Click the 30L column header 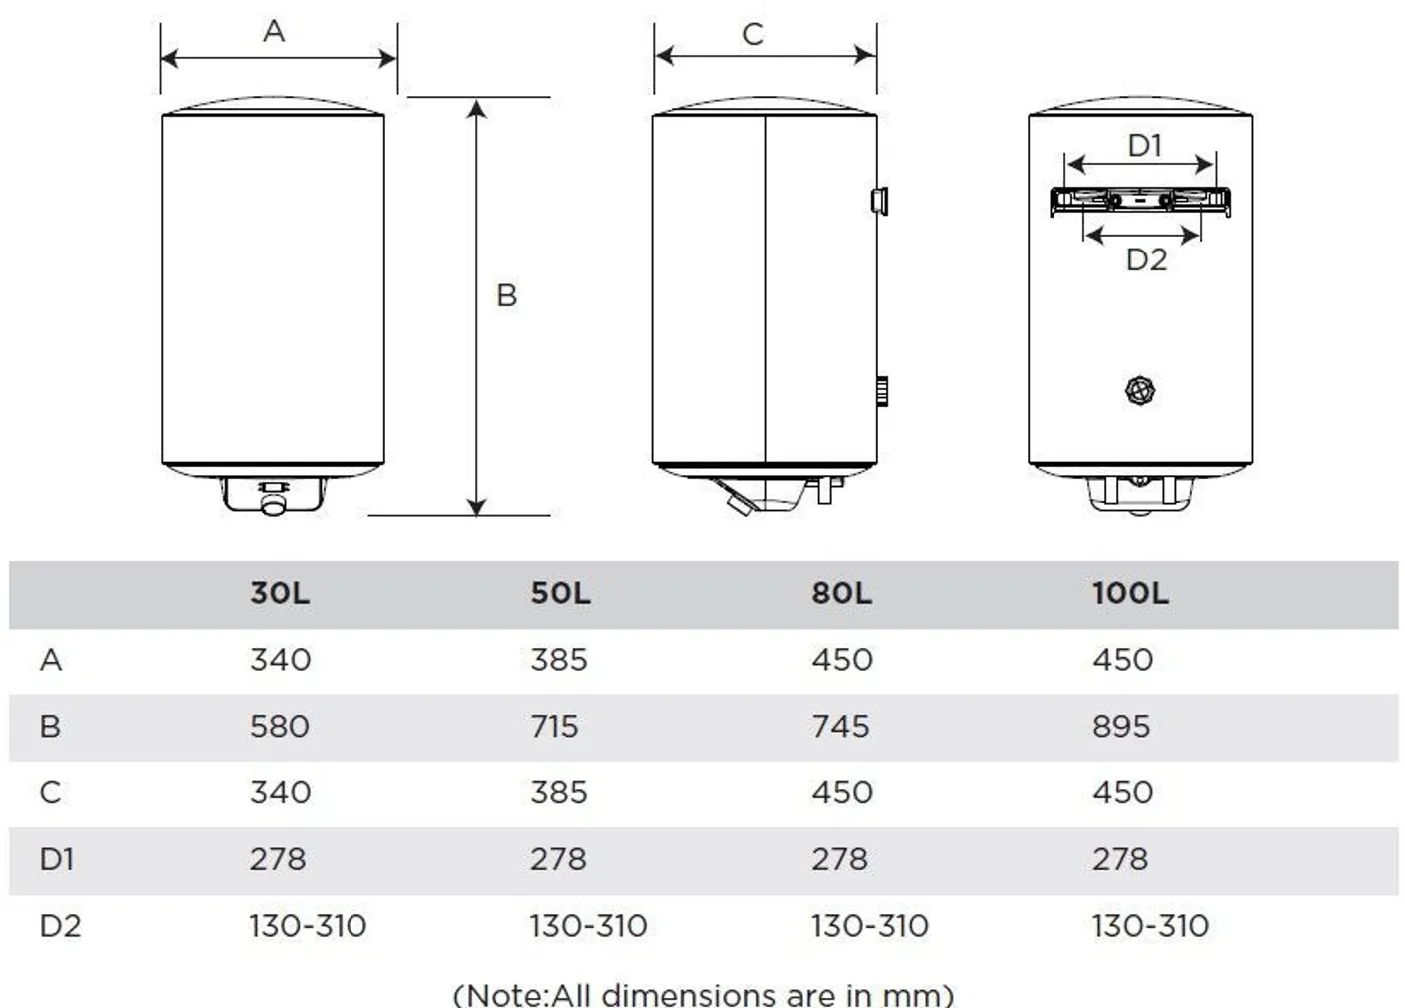[x=280, y=594]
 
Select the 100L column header [x=1129, y=594]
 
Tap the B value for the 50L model [x=554, y=726]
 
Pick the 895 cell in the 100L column [x=1120, y=726]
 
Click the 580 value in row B [x=279, y=726]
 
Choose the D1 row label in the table [x=57, y=859]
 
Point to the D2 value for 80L [x=869, y=926]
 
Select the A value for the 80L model [x=841, y=660]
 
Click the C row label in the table [x=50, y=792]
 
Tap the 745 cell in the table [x=839, y=726]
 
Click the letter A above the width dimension [x=274, y=32]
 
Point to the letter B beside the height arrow [x=506, y=295]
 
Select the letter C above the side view [x=753, y=35]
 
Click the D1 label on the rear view [x=1145, y=146]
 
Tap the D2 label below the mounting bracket [x=1146, y=260]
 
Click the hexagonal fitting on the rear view [x=1140, y=390]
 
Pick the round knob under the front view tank [x=272, y=506]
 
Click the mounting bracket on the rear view [x=1139, y=201]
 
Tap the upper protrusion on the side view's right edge [x=879, y=200]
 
